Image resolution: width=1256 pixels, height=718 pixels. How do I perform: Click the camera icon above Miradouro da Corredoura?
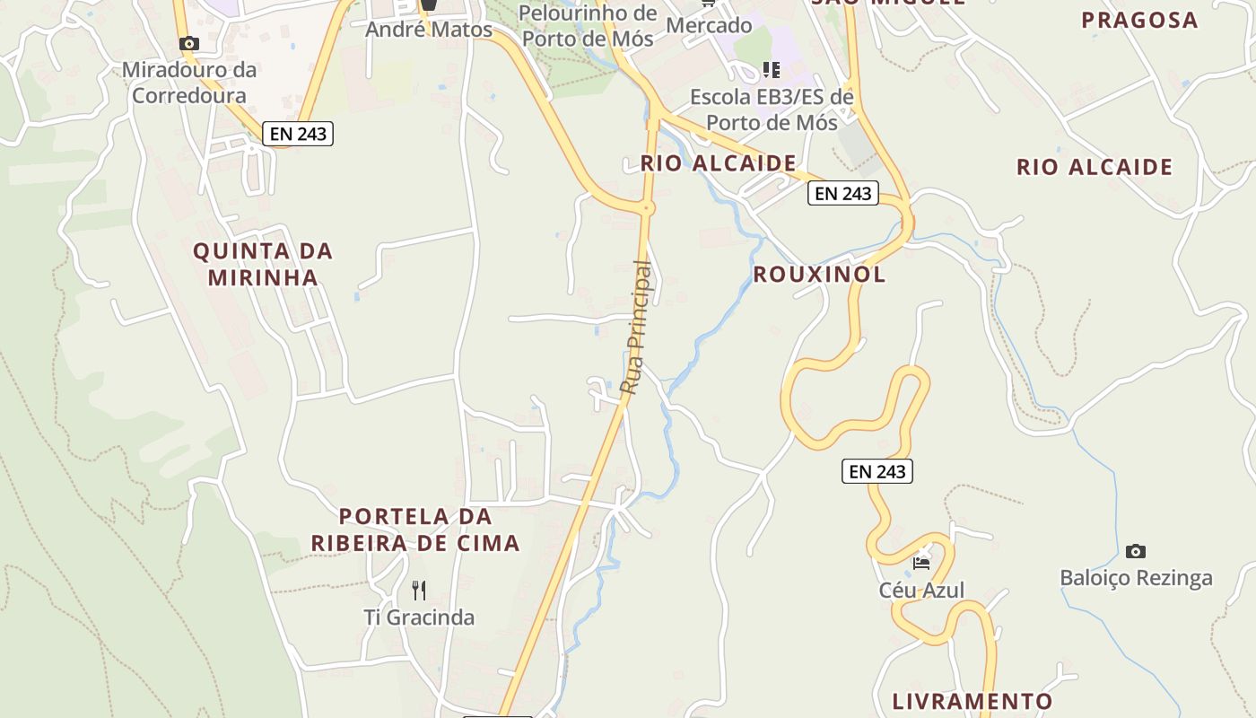188,43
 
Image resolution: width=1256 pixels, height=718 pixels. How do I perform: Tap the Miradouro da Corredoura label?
189,83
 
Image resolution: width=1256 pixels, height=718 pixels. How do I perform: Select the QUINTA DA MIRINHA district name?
263,264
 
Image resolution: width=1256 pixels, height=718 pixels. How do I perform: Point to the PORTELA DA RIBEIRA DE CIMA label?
415,530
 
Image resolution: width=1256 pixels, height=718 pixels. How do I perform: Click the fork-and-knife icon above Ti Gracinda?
419,590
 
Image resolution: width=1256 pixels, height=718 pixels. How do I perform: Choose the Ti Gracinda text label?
419,617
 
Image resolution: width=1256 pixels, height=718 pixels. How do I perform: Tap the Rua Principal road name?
636,328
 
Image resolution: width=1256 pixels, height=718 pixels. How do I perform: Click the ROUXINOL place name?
819,275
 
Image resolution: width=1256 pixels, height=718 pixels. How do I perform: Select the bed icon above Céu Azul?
921,563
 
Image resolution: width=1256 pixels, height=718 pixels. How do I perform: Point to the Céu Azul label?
921,590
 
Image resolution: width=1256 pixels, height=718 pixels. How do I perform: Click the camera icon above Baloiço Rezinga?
1136,551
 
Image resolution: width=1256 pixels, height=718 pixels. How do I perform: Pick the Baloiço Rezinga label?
1136,578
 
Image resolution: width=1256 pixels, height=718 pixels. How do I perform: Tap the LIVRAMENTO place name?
973,701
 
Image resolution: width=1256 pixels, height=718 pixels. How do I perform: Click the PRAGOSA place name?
1139,20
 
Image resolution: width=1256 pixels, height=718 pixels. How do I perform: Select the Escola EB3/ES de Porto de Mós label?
772,109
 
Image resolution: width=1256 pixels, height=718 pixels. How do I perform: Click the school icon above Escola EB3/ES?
772,69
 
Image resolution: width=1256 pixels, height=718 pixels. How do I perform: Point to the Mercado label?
709,25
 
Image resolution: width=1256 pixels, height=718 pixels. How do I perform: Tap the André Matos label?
429,30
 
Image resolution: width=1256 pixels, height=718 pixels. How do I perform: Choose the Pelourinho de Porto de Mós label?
589,26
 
